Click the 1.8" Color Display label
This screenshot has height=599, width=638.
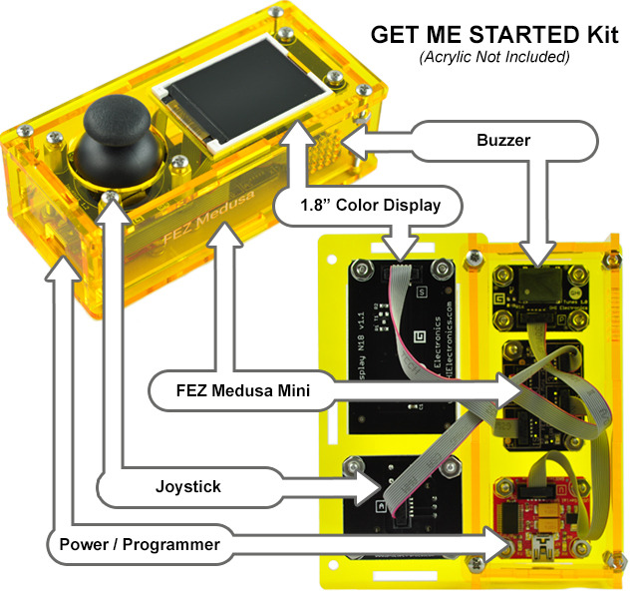369,208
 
